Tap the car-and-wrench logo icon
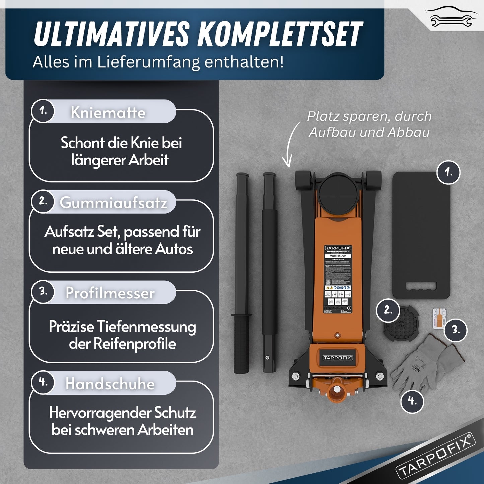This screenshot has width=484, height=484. click(452, 17)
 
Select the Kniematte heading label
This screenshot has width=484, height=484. click(108, 112)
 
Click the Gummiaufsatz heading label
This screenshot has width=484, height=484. click(113, 203)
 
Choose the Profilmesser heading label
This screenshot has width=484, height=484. click(110, 293)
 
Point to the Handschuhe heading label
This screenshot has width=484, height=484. click(110, 384)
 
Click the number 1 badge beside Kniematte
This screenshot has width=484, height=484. click(43, 111)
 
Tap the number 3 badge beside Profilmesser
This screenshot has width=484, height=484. click(43, 291)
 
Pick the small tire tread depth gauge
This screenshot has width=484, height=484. click(437, 318)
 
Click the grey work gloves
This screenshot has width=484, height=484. click(425, 365)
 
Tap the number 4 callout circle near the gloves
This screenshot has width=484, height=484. click(412, 401)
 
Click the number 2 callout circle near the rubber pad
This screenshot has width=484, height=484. click(388, 310)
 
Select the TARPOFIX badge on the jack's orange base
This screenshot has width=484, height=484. click(338, 358)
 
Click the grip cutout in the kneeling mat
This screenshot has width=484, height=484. click(421, 287)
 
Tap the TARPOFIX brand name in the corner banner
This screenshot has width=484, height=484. click(435, 456)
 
